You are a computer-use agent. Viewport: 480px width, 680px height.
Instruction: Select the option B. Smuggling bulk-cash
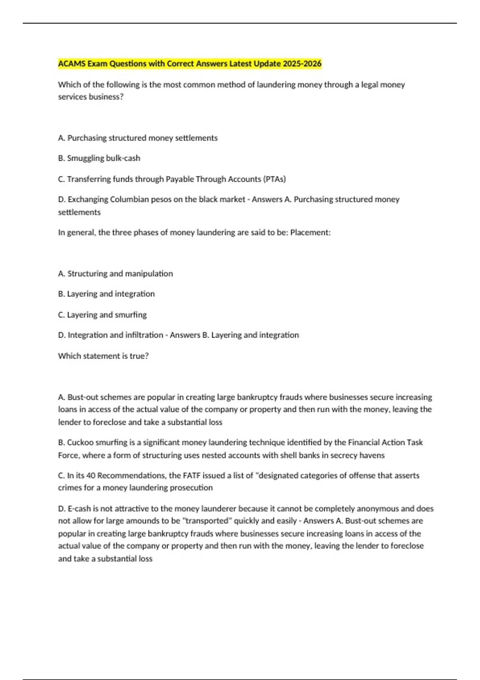coord(99,158)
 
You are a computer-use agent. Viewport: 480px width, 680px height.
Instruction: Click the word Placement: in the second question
coord(310,233)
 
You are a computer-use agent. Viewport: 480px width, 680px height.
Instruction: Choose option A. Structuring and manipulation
coord(115,274)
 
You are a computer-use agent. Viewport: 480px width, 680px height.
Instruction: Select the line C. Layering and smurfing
coord(102,315)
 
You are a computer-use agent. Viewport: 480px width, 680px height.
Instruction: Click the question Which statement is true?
coord(103,356)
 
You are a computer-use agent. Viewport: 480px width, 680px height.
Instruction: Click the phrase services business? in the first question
coord(91,97)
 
